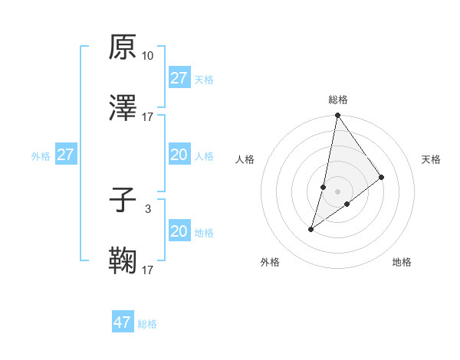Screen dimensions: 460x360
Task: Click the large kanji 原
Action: [x=123, y=47]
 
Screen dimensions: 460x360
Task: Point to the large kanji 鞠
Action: [x=123, y=261]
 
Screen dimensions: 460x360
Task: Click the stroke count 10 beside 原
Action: [x=148, y=55]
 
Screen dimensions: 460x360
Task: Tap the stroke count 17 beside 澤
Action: [x=148, y=117]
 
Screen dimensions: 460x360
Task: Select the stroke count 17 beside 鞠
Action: [x=148, y=270]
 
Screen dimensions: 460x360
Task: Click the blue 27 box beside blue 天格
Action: [x=179, y=78]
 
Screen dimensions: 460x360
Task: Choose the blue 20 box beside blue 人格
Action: [x=179, y=155]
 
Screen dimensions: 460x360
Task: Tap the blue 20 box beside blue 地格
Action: [x=179, y=231]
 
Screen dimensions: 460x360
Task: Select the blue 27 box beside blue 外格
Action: [x=66, y=155]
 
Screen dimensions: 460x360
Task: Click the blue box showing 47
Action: [x=123, y=322]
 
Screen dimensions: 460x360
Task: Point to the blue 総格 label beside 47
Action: [x=147, y=324]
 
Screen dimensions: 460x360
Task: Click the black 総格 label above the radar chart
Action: [x=338, y=100]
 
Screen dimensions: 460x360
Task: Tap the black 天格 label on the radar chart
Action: [x=432, y=159]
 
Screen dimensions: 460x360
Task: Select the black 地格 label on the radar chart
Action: [x=402, y=262]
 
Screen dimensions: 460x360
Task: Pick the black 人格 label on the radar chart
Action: [x=245, y=159]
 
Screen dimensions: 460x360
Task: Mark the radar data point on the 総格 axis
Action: [x=337, y=116]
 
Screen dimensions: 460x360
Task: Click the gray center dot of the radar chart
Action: [x=337, y=191]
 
